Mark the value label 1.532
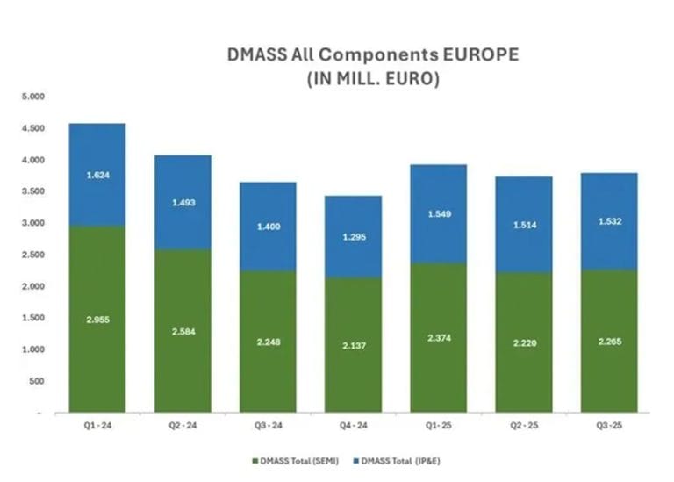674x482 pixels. [608, 221]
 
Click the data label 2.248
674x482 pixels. [268, 343]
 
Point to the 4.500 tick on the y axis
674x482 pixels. [32, 128]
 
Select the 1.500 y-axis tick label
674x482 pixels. [32, 318]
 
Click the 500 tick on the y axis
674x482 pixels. [35, 381]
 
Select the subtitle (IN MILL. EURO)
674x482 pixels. [373, 78]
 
